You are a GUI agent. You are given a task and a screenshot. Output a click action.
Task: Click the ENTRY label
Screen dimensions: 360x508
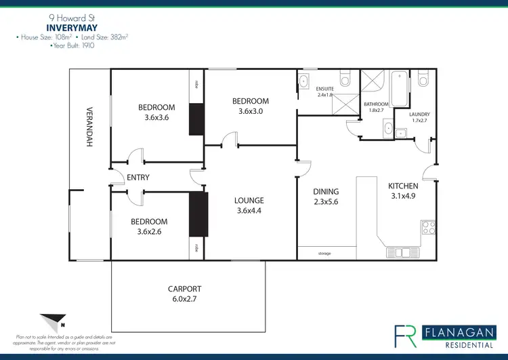point(137,178)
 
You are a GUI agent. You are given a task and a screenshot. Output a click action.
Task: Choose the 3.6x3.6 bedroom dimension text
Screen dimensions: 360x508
point(156,117)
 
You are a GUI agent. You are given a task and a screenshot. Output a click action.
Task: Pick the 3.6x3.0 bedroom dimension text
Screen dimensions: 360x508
point(250,111)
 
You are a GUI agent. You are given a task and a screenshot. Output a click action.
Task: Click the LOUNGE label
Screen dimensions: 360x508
point(249,200)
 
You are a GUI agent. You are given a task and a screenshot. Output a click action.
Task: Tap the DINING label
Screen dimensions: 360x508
point(326,192)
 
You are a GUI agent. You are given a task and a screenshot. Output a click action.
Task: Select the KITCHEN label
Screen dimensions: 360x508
point(402,186)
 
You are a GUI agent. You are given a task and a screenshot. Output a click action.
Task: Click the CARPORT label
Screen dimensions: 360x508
point(184,288)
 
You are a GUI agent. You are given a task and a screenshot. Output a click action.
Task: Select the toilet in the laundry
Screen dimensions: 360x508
point(423,80)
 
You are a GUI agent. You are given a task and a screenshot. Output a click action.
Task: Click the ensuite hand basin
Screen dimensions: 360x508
point(302,81)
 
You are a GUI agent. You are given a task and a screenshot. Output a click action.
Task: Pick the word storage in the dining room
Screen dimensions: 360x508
point(324,253)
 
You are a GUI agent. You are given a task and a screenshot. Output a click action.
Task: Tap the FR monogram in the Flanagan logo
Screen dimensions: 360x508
point(406,336)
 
